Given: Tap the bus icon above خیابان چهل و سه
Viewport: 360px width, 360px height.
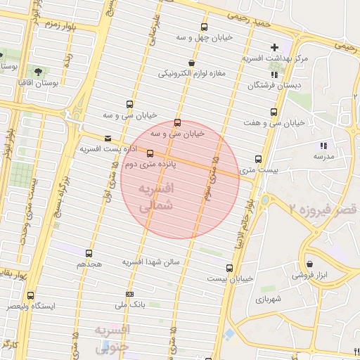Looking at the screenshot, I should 205,28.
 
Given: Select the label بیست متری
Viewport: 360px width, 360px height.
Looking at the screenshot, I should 259,169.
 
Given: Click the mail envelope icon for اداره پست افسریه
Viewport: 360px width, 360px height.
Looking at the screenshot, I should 108,139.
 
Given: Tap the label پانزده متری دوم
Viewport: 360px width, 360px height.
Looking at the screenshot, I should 150,163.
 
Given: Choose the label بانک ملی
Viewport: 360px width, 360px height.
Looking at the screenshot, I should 129,305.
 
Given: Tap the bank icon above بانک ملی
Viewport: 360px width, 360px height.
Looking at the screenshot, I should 129,294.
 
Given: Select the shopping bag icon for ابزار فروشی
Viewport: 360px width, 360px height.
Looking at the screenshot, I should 309,264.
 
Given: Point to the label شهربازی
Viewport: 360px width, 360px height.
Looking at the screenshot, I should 269,299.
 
